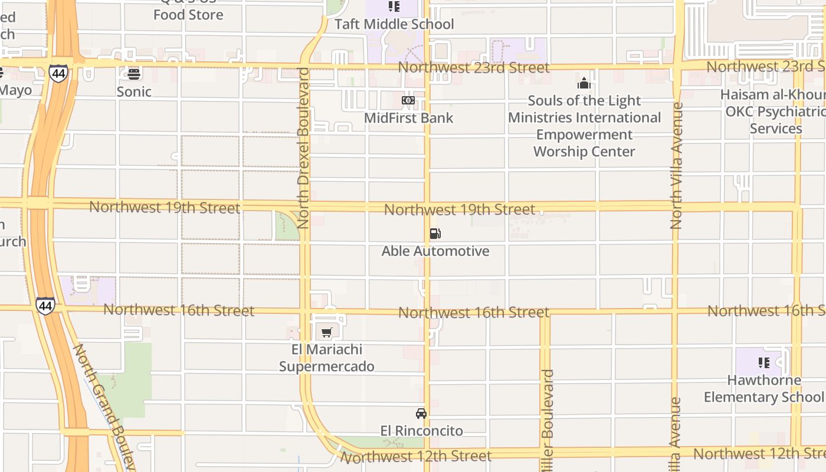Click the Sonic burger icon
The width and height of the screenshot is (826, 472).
(134, 74)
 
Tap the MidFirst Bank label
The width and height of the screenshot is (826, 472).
(408, 118)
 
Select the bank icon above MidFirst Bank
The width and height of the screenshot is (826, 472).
(408, 100)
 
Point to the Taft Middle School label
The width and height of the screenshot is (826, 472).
(394, 24)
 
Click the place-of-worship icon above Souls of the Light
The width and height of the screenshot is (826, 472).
(584, 83)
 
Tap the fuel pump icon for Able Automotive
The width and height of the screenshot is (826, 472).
(435, 234)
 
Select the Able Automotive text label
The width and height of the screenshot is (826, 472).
(435, 251)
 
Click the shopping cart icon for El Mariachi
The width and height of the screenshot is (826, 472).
(327, 332)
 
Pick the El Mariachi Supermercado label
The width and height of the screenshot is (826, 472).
(326, 358)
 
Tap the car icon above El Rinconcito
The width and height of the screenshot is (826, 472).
(421, 413)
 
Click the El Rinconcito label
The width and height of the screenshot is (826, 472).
(421, 431)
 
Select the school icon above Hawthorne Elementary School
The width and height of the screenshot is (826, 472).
(764, 363)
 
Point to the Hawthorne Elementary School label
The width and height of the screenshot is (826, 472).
(764, 389)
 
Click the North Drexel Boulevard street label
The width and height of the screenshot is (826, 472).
(304, 147)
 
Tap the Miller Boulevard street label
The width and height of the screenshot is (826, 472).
(548, 413)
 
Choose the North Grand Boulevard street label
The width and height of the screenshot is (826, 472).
(103, 407)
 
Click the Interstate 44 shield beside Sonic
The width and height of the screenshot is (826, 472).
(58, 73)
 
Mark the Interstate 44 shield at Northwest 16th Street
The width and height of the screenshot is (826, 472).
(45, 306)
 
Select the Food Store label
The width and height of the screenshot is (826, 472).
(188, 14)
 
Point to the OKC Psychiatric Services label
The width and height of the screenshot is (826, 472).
(774, 112)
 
